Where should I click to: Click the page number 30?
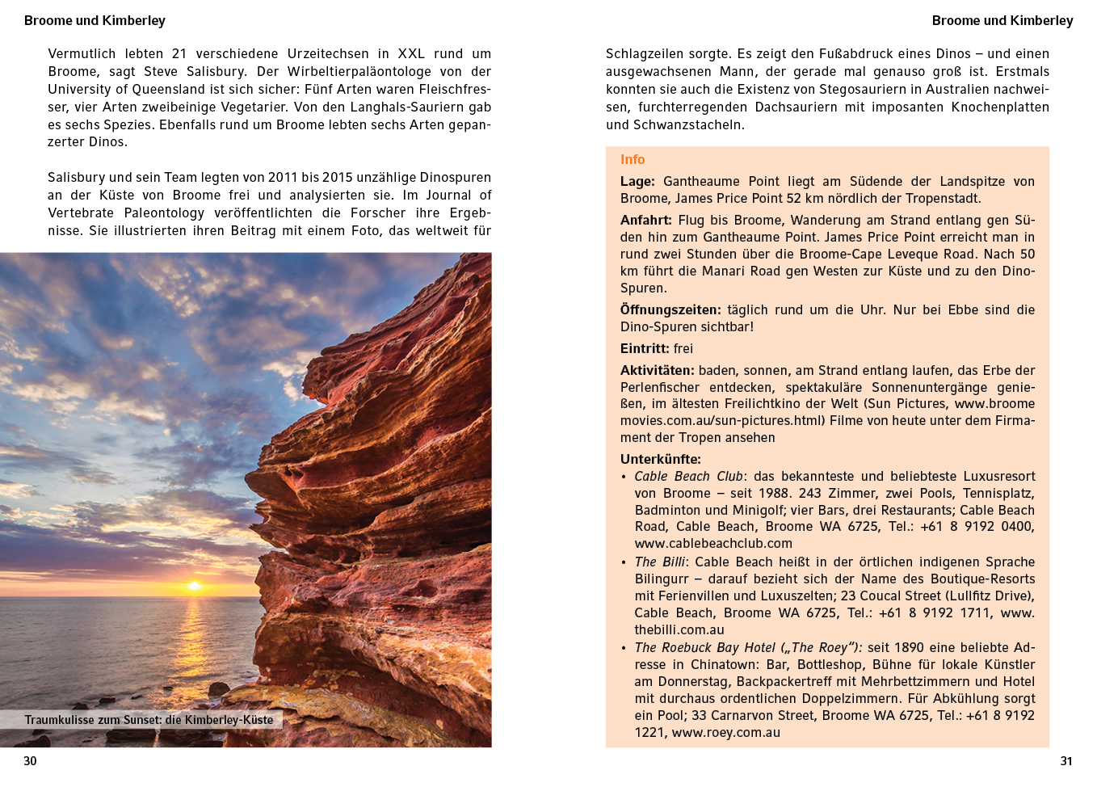point(30,761)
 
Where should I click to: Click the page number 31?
point(1066,761)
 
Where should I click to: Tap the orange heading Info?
point(633,160)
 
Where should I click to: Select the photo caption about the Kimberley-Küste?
point(149,720)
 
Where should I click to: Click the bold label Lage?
point(637,182)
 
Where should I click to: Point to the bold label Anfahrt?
point(645,221)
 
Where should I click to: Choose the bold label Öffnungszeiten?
point(670,310)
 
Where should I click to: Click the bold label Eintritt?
point(645,349)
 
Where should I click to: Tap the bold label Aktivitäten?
point(657,371)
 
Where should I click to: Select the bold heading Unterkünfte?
point(660,460)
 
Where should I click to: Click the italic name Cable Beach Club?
point(688,477)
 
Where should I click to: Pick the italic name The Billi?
point(659,562)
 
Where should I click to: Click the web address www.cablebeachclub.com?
point(713,544)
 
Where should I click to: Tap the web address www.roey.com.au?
point(725,733)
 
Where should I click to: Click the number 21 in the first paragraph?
point(179,54)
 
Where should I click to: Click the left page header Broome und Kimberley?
point(95,21)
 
